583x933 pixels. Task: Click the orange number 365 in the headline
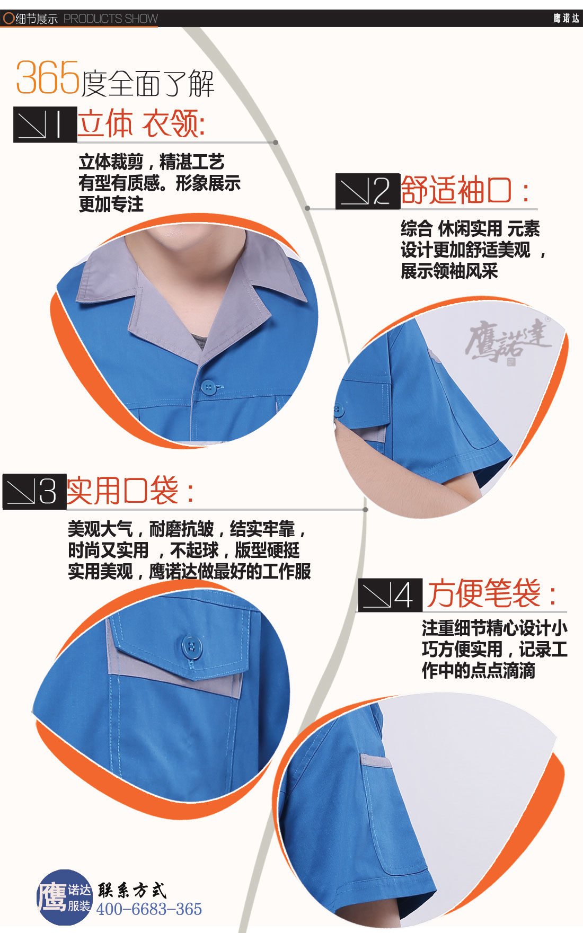click(48, 78)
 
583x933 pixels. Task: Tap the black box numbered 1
click(45, 124)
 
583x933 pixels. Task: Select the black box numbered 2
click(367, 191)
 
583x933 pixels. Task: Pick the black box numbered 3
click(34, 491)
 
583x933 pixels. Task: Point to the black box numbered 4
click(390, 595)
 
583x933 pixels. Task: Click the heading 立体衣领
click(141, 124)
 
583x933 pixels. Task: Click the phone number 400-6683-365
click(149, 909)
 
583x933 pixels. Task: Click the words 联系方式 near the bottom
click(132, 890)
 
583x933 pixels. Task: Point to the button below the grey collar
click(208, 387)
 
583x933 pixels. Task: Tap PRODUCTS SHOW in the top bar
click(110, 19)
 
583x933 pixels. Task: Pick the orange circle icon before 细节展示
click(8, 19)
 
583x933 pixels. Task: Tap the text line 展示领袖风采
click(449, 271)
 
